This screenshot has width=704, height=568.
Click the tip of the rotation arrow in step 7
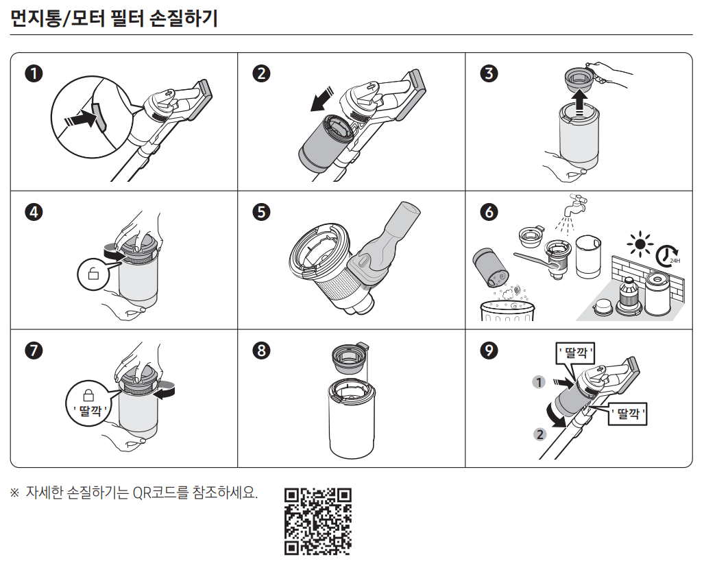point(154,394)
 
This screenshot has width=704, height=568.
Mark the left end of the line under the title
point(10,34)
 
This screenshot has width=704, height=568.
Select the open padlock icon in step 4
point(93,273)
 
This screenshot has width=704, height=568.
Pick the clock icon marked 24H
point(668,256)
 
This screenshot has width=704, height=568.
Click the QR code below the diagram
point(318,521)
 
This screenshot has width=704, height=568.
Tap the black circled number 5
point(261,212)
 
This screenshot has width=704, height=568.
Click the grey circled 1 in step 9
point(539,382)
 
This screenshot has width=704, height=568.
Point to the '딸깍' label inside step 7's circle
point(90,410)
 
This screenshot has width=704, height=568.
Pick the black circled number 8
point(261,350)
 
